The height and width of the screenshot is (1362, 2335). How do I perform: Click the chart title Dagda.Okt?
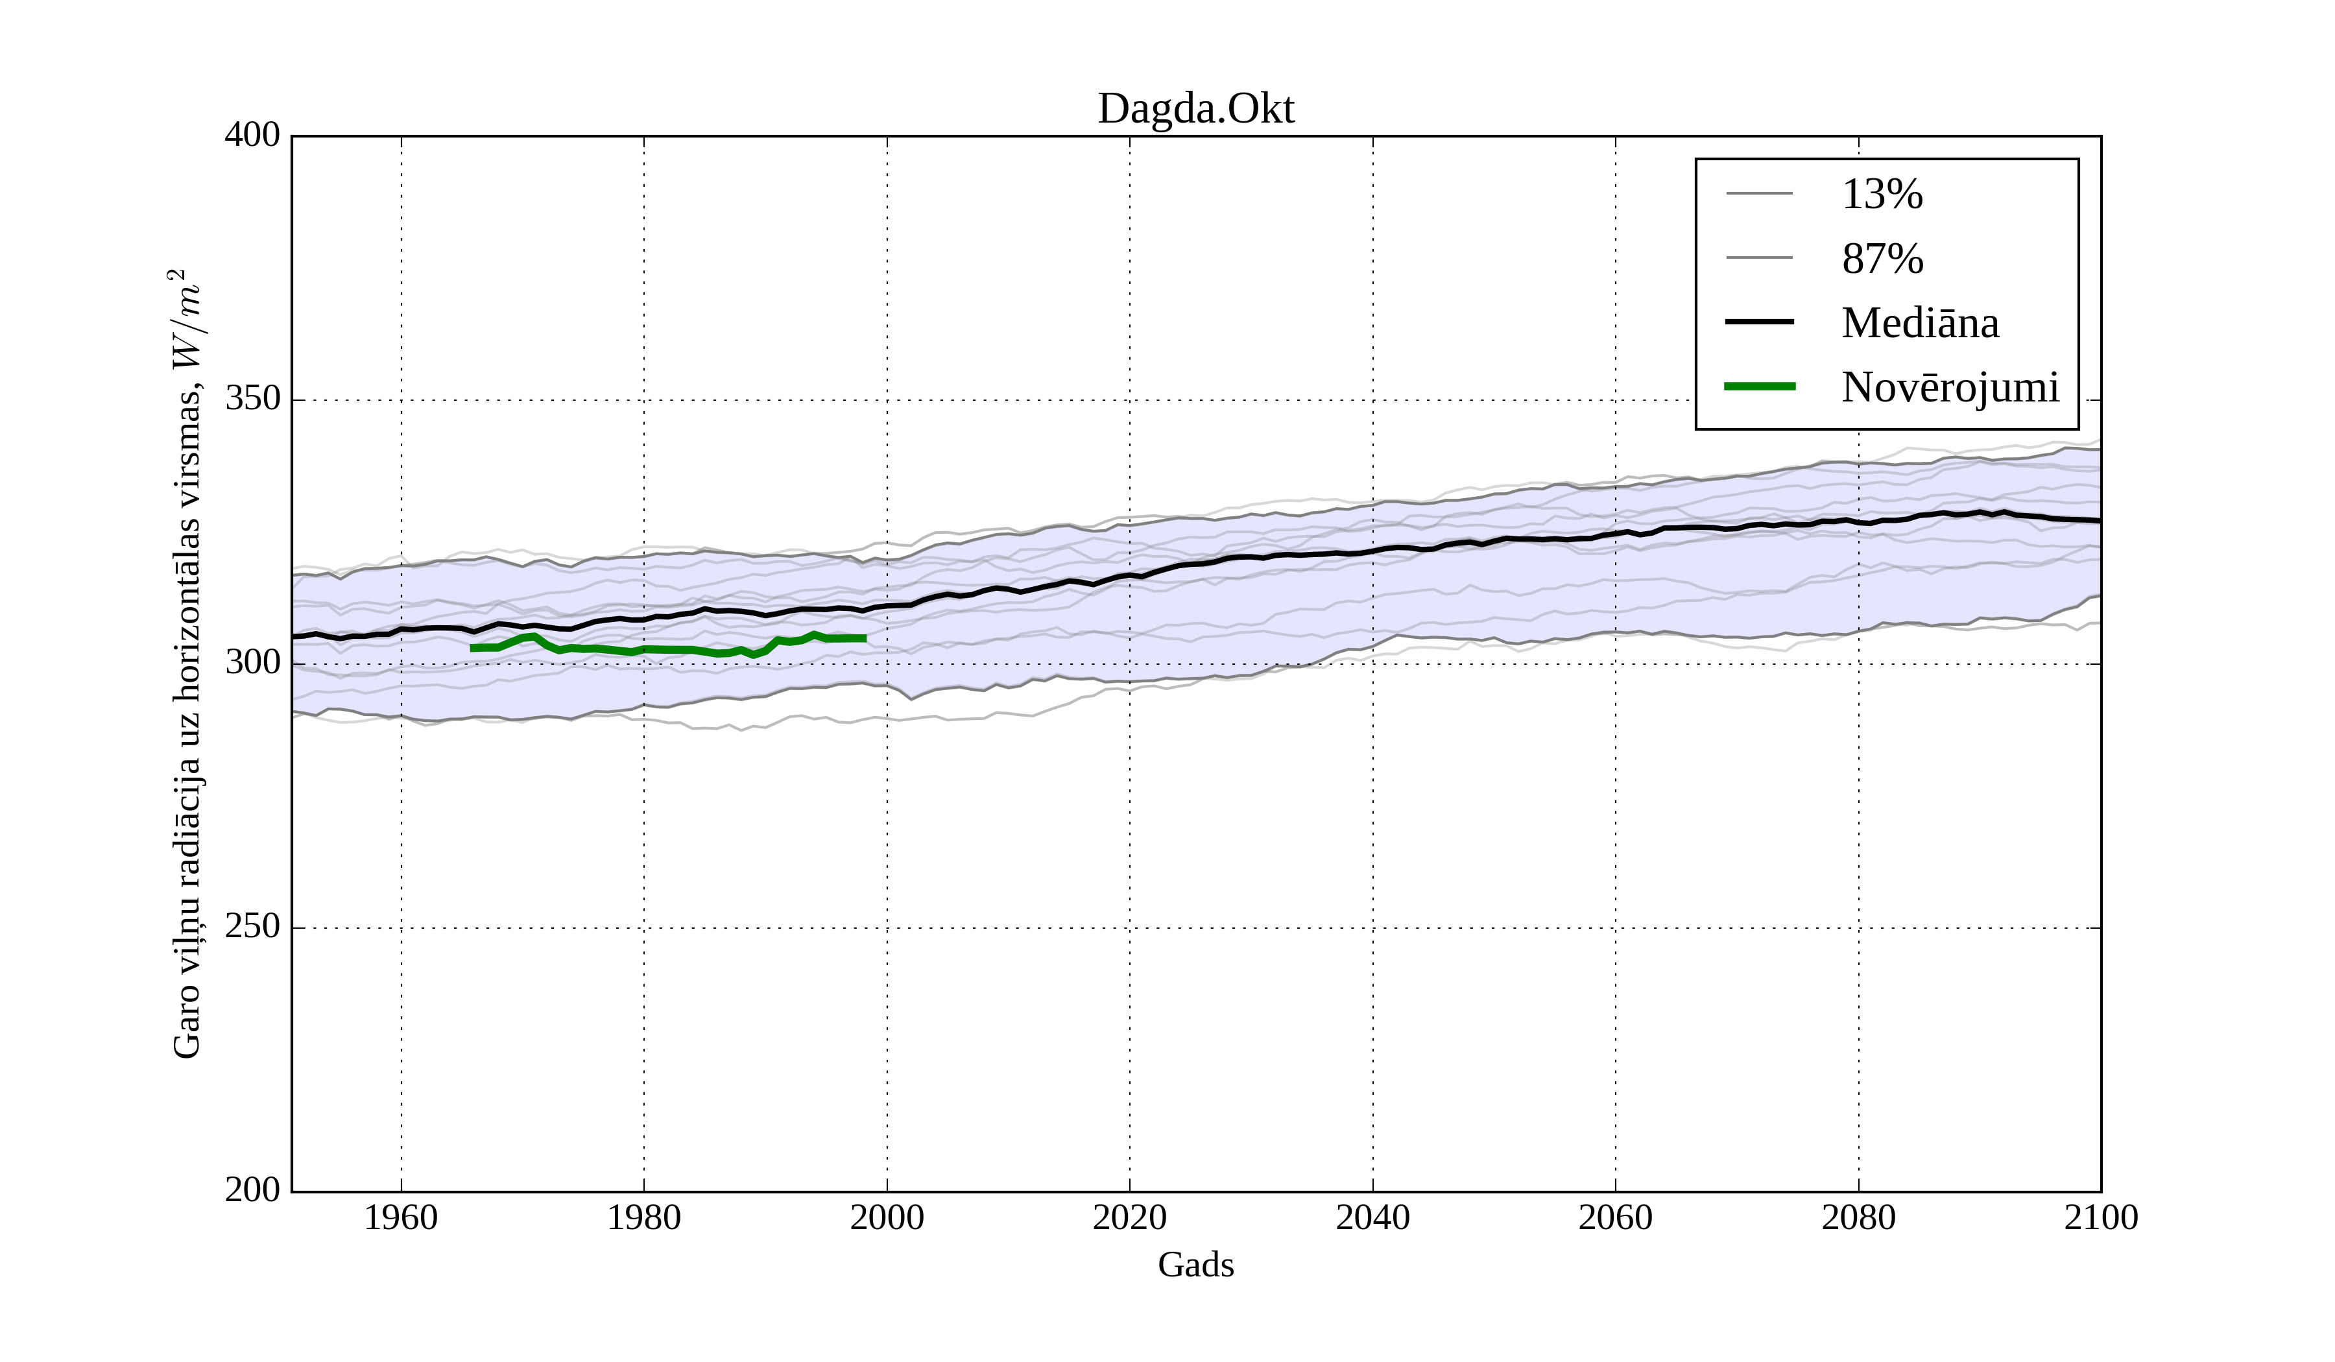point(1195,110)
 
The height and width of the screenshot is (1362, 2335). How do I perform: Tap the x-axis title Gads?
point(1195,1265)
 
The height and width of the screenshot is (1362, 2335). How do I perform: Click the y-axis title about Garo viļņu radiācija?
point(186,663)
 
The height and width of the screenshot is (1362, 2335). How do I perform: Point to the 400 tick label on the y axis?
point(252,136)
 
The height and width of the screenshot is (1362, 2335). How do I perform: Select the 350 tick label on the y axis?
point(252,400)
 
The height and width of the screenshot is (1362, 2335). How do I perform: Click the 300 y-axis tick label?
point(252,663)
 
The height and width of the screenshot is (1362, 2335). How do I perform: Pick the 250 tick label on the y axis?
point(252,927)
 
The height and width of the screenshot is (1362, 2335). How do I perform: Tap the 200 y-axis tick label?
point(252,1191)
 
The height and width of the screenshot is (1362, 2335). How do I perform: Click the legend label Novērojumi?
point(1950,387)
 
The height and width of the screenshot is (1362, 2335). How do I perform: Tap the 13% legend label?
point(1882,195)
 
